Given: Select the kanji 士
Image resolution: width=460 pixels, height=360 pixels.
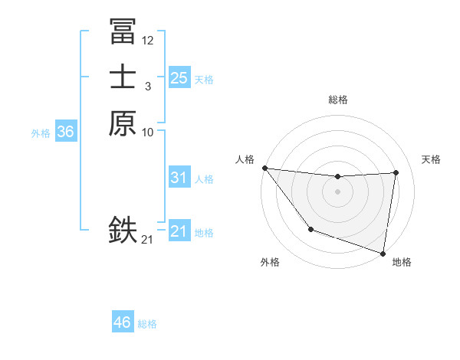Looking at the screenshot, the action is pos(123,77).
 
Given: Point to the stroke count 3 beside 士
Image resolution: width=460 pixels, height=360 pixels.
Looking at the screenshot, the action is pos(147,87).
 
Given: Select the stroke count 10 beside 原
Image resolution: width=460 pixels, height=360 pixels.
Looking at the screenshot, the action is pos(148,133).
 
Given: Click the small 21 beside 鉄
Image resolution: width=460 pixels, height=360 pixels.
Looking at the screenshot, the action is pos(147,240).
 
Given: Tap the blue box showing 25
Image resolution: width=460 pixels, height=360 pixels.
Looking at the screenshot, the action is pos(179,78).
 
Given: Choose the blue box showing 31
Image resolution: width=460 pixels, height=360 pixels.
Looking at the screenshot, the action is pos(179,178).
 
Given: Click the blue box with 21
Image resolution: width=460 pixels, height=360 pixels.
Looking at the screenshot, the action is pos(179,231).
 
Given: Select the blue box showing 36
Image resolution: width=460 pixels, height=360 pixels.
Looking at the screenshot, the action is pos(65,132).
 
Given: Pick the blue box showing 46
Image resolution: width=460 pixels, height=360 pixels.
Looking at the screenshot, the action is pos(122,322).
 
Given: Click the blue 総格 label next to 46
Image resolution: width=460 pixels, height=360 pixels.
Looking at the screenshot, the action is pos(147,324).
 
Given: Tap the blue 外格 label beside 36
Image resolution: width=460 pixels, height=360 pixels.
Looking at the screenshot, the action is pos(41,133).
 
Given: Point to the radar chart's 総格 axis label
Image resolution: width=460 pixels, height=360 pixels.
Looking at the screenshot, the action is pos(337,100).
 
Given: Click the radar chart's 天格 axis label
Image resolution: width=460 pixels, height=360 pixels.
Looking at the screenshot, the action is pos(431,159).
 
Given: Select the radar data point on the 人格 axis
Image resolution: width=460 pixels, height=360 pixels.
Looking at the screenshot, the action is pos(264,168).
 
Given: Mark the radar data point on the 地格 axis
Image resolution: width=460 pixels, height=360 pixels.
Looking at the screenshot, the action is pos(383,252).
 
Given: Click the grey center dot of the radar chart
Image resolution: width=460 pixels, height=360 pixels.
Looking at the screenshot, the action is pos(337,191).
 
